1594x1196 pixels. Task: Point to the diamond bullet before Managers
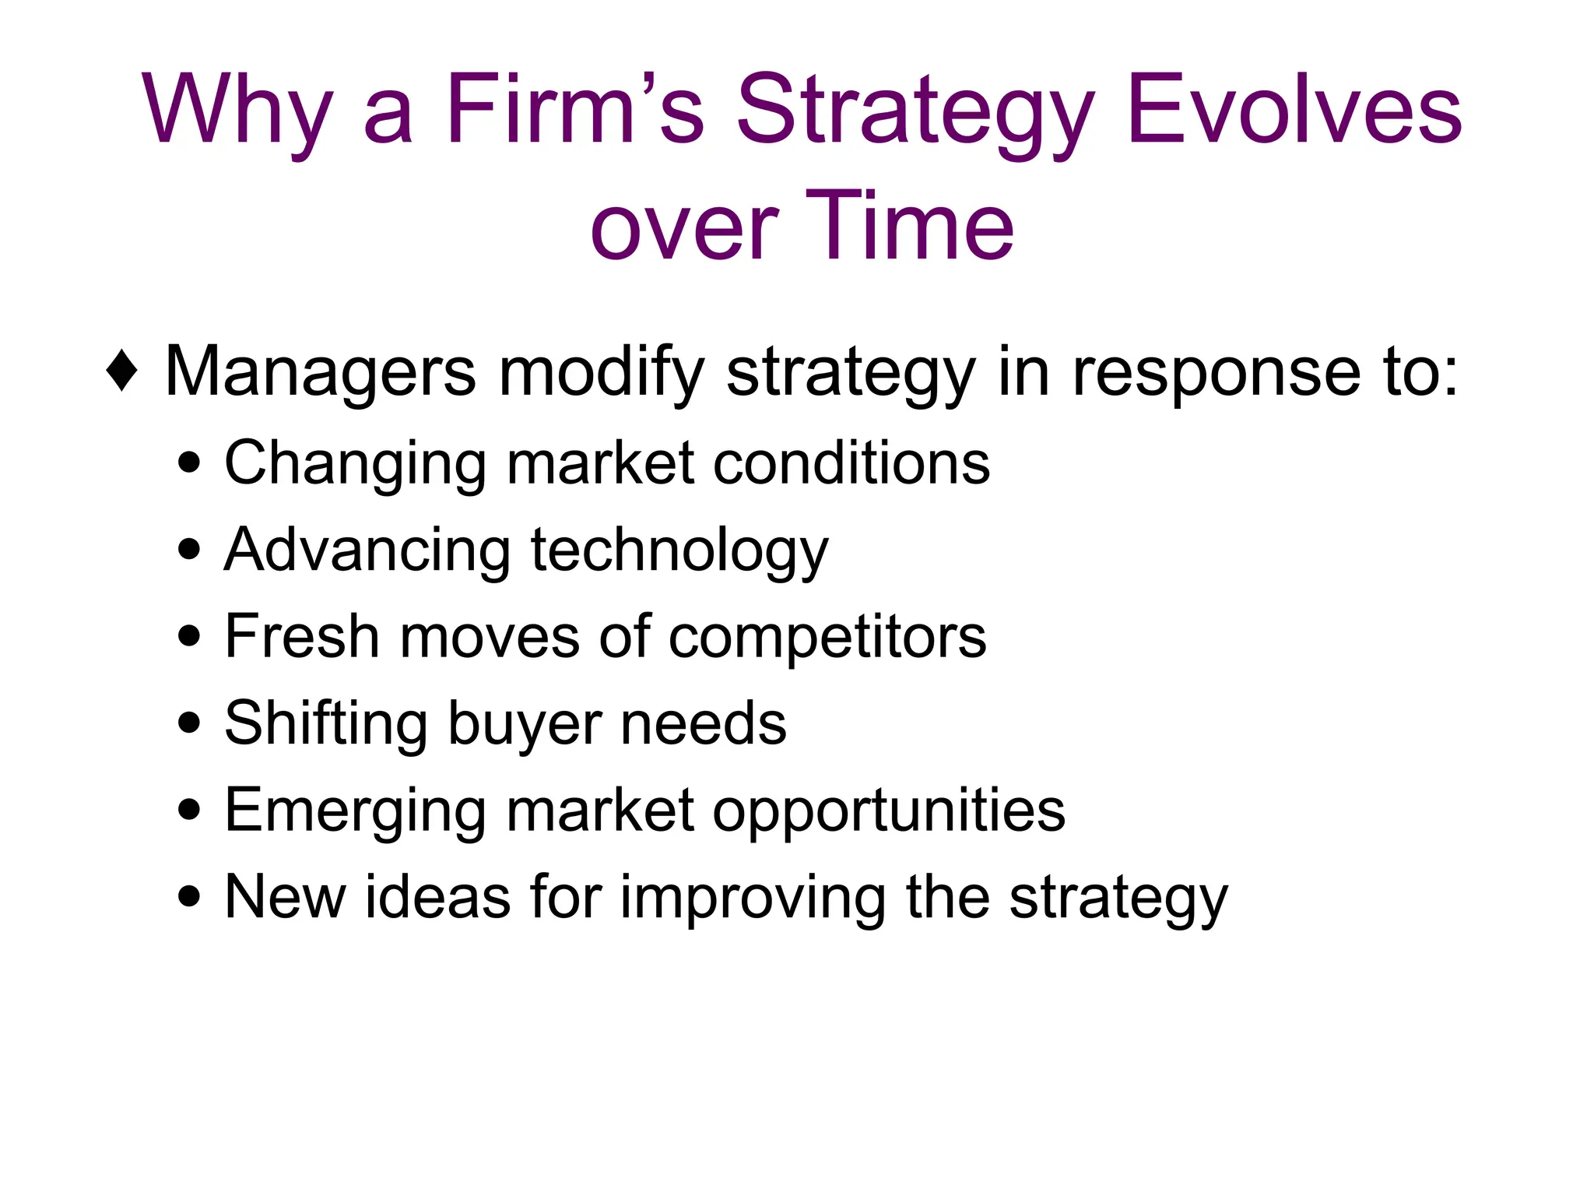click(x=122, y=371)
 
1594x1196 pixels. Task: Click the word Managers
click(x=320, y=371)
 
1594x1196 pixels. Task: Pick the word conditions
click(x=851, y=463)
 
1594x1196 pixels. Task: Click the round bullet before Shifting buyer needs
click(x=189, y=723)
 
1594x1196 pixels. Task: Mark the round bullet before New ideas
click(x=189, y=896)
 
